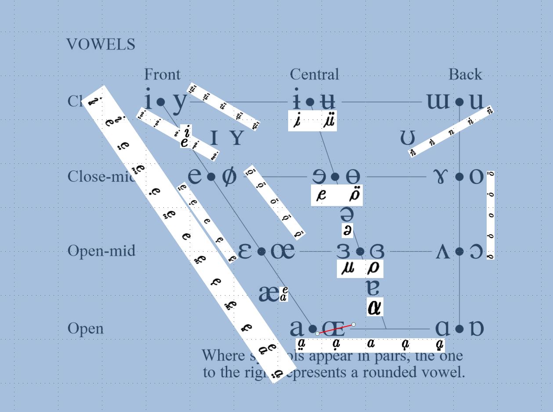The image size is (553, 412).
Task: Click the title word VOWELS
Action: (101, 44)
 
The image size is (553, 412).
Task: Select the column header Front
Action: (162, 74)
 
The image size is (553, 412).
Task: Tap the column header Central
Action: (314, 74)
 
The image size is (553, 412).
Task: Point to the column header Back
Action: (465, 74)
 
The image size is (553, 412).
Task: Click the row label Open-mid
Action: (101, 251)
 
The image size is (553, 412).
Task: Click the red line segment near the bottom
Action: (336, 329)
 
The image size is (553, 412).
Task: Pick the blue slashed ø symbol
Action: (228, 177)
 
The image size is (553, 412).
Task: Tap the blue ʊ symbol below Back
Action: (407, 138)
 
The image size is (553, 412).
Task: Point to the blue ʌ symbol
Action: (443, 252)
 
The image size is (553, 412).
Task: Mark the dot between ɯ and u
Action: (459, 102)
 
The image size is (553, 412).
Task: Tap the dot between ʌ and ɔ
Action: (459, 252)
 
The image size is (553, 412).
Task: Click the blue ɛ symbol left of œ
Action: (245, 252)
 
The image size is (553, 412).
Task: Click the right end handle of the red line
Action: (354, 325)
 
